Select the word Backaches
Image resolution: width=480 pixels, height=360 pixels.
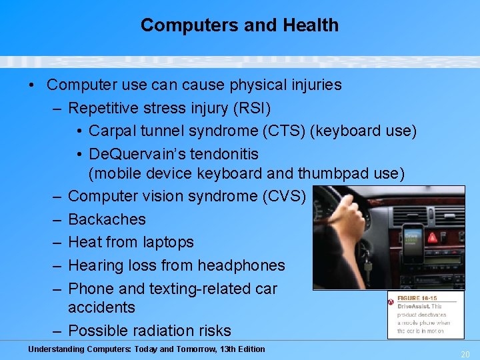point(107,219)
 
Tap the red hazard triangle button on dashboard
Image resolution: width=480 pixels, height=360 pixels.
point(432,237)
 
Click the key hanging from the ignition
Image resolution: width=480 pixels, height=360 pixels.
point(367,265)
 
